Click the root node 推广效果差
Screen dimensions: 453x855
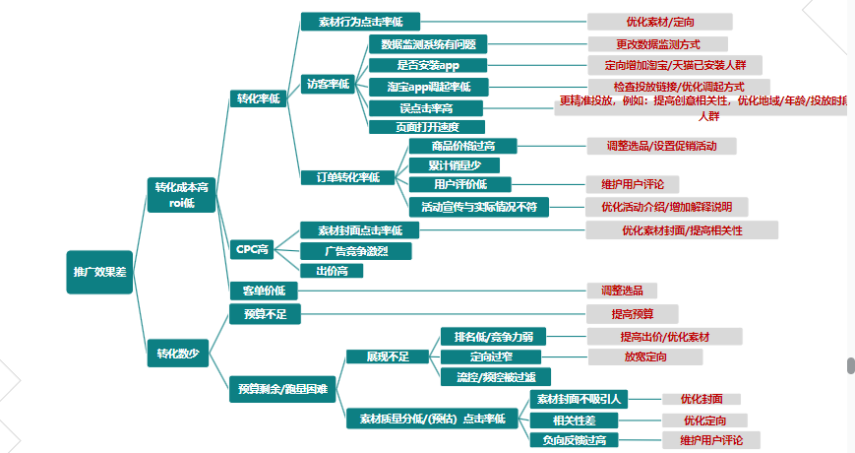99,271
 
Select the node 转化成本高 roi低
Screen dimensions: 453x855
181,194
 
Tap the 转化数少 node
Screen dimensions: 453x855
177,353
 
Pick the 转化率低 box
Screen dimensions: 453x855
258,98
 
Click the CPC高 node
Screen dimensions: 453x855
252,249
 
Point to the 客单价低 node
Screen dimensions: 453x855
263,291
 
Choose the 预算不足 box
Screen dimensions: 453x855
263,314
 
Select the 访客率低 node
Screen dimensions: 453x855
328,84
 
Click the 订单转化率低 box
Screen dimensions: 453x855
347,177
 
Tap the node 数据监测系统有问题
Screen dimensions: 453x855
427,44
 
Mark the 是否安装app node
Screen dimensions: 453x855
427,66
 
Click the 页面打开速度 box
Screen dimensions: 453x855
427,127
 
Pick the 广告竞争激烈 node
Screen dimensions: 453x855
355,251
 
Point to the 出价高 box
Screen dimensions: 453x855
332,271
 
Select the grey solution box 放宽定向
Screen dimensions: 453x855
644,356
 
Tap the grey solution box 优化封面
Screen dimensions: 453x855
701,399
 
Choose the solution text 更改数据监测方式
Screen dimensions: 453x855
658,43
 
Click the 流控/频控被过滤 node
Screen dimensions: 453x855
495,376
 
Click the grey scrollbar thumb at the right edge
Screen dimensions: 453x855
850,365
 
